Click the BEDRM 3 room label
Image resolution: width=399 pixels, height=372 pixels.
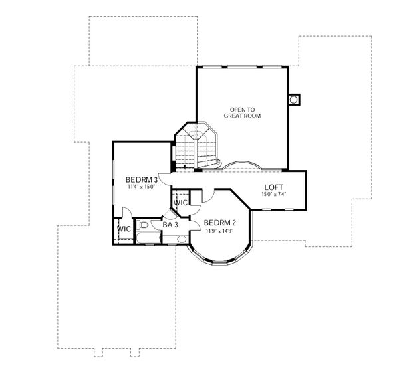click(141, 179)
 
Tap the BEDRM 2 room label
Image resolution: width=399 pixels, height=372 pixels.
click(220, 223)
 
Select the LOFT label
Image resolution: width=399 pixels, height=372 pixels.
click(275, 187)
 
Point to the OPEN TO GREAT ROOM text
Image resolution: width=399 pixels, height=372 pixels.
click(242, 112)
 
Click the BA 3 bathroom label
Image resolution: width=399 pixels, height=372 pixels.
click(171, 225)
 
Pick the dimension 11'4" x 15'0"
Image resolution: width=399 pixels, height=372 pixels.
click(141, 187)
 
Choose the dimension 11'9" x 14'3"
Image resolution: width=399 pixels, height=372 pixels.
click(220, 231)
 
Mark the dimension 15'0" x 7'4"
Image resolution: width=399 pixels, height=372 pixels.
click(275, 195)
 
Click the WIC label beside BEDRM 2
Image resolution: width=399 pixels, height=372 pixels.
click(180, 203)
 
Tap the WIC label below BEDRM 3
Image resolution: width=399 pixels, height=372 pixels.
click(124, 229)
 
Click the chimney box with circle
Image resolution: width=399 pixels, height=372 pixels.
click(294, 100)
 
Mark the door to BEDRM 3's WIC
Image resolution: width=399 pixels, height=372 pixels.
click(126, 214)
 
